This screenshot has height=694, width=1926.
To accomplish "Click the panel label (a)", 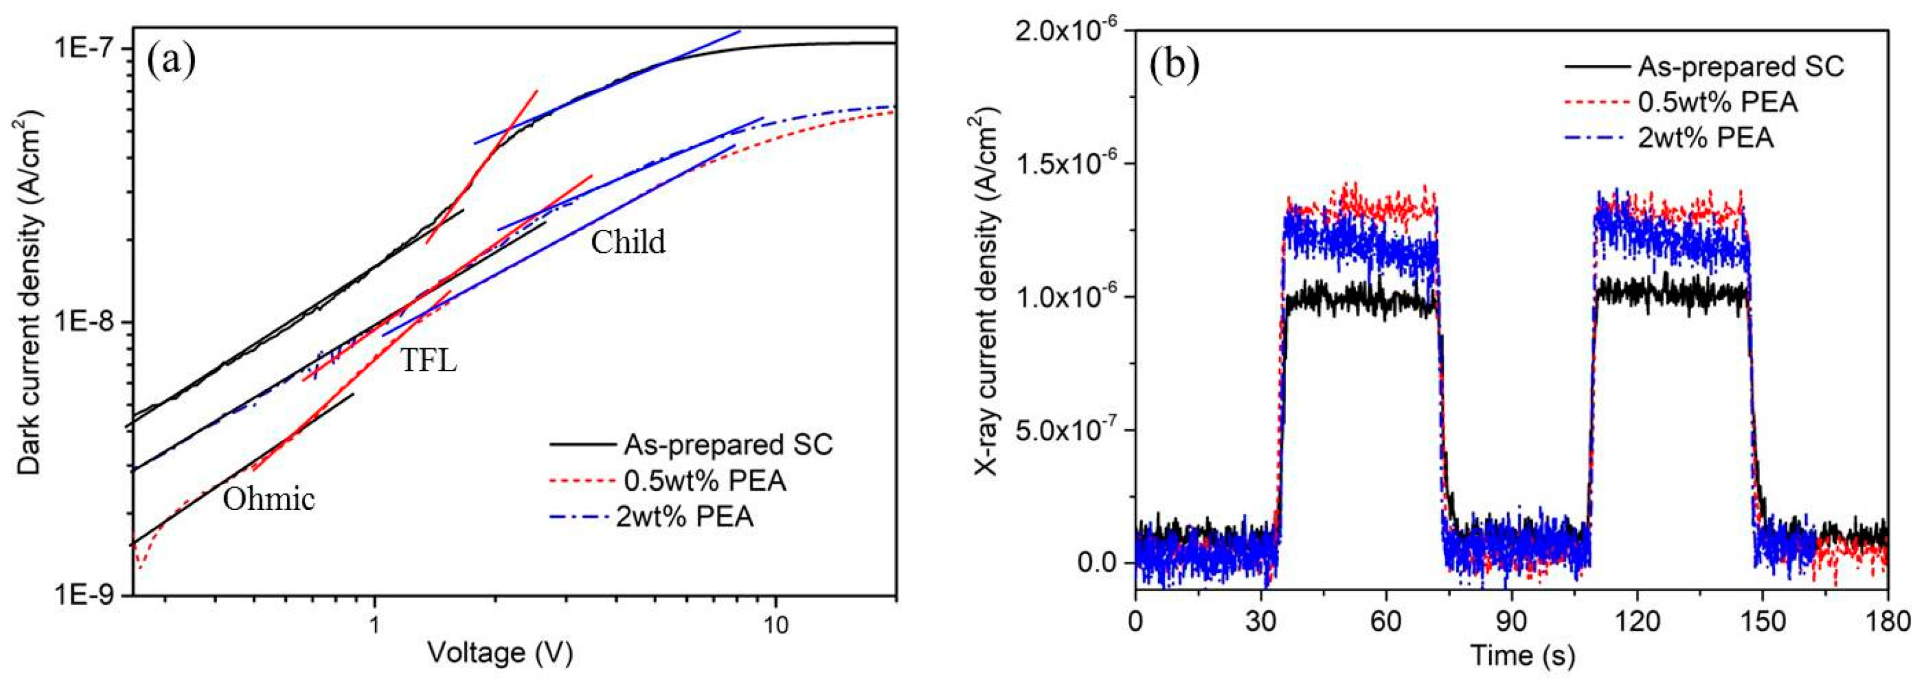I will tap(171, 61).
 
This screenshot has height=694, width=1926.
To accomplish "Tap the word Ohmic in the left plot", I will tap(268, 499).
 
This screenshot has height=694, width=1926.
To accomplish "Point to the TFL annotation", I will tap(428, 361).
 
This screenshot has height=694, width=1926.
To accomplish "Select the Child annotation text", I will tap(628, 242).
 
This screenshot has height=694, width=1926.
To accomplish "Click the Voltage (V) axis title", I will tap(500, 653).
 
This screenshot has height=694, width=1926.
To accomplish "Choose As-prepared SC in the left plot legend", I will tap(728, 445).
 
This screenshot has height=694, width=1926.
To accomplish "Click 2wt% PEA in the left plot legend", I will tap(684, 517).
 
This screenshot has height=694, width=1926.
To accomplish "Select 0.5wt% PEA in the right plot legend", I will tap(1717, 102).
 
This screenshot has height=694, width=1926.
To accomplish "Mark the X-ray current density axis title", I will tap(987, 296).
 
